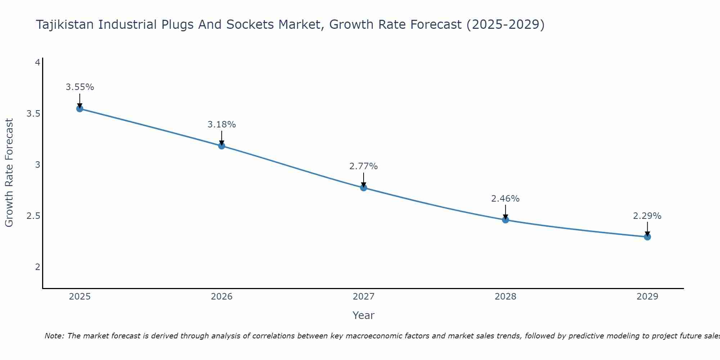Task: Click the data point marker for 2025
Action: coord(80,108)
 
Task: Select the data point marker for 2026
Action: coord(222,146)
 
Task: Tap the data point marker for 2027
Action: coord(364,188)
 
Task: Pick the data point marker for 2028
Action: coord(505,220)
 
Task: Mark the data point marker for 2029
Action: coord(647,237)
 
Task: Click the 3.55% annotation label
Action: coord(80,87)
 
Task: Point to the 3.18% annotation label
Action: coord(222,125)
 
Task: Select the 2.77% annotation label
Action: coord(364,166)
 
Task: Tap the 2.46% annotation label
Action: coord(505,199)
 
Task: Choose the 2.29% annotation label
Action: coord(647,216)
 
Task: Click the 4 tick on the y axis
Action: coord(37,63)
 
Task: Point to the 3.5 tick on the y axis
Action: coord(33,114)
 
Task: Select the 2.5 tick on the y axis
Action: coord(33,216)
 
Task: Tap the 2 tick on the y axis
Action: coord(37,267)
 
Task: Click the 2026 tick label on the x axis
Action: coord(222,297)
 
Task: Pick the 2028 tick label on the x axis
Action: coord(505,297)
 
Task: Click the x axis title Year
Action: coord(364,315)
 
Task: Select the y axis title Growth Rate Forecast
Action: coord(9,173)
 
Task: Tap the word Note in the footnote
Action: coord(54,336)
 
